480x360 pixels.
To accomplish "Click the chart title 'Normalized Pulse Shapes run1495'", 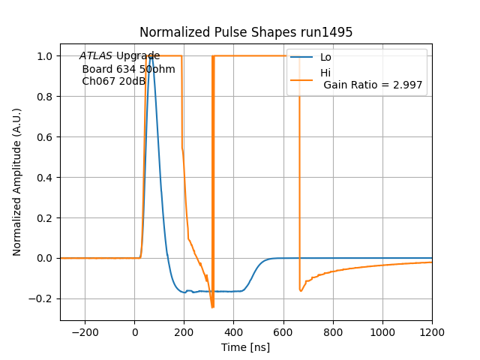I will pyautogui.click(x=246, y=32).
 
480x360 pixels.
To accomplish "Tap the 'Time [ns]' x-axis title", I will pyautogui.click(x=246, y=347).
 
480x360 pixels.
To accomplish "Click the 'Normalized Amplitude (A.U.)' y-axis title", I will pyautogui.click(x=17, y=182).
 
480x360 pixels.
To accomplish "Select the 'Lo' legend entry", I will pyautogui.click(x=325, y=58).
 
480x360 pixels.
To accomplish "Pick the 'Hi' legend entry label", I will pyautogui.click(x=325, y=73).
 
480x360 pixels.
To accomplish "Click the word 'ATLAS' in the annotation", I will pyautogui.click(x=96, y=56).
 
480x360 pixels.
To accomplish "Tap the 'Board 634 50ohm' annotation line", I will pyautogui.click(x=128, y=69).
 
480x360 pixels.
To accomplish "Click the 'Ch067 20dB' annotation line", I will pyautogui.click(x=113, y=81).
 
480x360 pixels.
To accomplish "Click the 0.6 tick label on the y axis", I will pyautogui.click(x=46, y=137).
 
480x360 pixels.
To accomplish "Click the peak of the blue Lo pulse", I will pyautogui.click(x=151, y=56).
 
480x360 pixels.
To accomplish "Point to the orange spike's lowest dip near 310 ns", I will pyautogui.click(x=213, y=307).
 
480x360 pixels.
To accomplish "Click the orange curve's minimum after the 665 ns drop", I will pyautogui.click(x=301, y=291).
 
